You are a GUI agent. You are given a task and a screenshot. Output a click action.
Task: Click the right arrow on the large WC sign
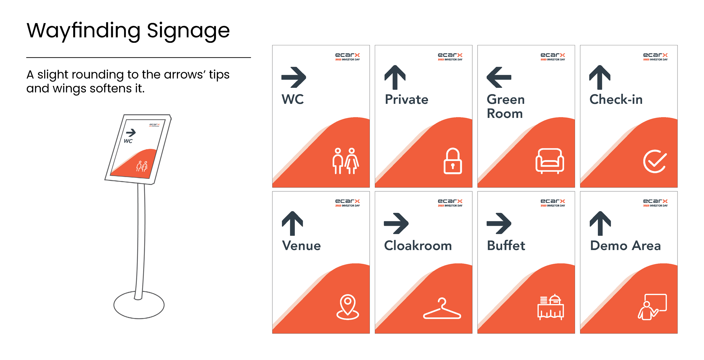coord(293,77)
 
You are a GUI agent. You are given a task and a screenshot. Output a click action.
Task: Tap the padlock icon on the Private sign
coord(453,161)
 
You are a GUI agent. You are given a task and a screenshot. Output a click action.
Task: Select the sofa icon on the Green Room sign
coord(549,161)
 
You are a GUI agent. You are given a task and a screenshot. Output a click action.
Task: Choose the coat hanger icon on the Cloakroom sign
coord(442,309)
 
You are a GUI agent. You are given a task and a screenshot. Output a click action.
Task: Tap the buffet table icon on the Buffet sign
coord(551,307)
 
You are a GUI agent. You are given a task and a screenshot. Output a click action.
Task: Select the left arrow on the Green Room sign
coord(499,77)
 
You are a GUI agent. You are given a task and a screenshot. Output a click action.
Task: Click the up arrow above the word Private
coord(395,77)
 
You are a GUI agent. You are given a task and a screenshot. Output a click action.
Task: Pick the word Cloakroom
coord(418,246)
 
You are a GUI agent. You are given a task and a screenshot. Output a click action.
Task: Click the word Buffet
coord(506,246)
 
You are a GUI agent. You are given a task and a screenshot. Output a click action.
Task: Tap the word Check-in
coord(616,100)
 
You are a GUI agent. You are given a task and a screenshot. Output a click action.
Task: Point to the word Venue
coord(301,246)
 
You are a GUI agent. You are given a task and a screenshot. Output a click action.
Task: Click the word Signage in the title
coord(188,31)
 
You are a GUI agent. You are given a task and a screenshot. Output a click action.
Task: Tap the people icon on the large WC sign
coord(346,161)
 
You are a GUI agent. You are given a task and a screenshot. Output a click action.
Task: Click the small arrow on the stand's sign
coord(131,132)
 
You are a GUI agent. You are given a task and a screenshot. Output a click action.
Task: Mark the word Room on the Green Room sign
coord(505,114)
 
